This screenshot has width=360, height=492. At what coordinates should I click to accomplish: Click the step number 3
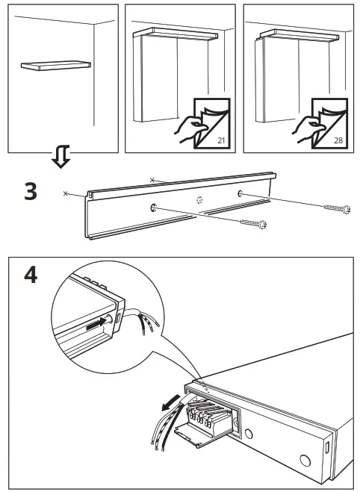(x=29, y=191)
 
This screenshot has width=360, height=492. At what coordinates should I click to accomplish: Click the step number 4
(x=31, y=276)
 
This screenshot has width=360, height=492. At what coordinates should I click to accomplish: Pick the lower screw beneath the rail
(x=255, y=223)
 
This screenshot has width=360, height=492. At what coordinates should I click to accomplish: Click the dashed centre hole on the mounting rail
(x=199, y=200)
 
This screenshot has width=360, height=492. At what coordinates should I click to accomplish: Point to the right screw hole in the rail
(x=239, y=194)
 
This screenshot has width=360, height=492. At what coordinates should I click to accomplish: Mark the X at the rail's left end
(x=66, y=193)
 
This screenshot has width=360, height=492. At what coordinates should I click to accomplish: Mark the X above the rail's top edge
(x=152, y=180)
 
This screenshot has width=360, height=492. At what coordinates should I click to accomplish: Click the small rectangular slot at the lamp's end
(x=326, y=448)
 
